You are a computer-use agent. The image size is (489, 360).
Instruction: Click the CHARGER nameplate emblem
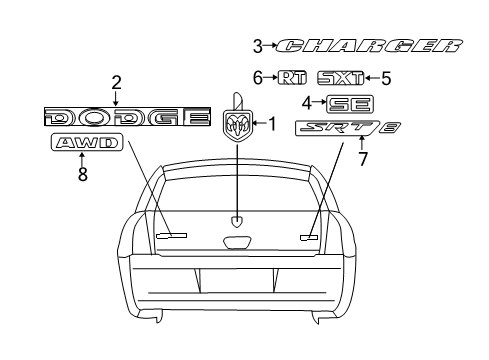click(370, 46)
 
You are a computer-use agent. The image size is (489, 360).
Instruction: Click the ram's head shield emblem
click(237, 125)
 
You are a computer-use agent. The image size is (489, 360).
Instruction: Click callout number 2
click(116, 81)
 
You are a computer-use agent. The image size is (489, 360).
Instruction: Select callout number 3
click(257, 46)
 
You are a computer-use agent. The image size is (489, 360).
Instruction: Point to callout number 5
click(386, 77)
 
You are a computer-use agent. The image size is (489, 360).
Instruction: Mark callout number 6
click(257, 77)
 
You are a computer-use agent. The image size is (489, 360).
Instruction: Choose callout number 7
click(363, 157)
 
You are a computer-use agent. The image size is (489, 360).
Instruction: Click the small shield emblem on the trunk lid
click(236, 222)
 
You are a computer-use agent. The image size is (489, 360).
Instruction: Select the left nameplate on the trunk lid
click(171, 235)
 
